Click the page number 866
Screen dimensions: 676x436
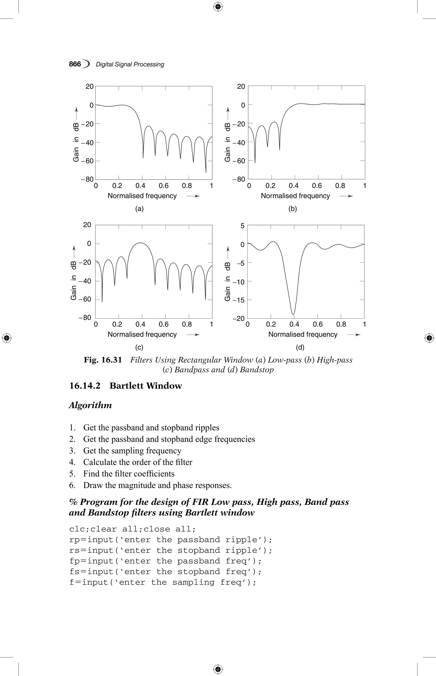[75, 64]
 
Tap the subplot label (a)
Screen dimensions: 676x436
[139, 209]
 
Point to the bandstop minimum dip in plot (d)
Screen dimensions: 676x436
[293, 314]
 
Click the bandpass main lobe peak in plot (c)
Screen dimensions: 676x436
[140, 243]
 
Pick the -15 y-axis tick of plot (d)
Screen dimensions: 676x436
[238, 300]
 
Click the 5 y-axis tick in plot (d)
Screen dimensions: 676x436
[242, 226]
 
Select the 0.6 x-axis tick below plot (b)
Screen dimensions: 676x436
[317, 186]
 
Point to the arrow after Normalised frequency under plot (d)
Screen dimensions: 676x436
[354, 335]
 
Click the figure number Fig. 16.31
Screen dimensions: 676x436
[103, 360]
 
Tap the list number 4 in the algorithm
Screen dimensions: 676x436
[72, 462]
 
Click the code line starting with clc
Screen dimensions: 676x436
[132, 529]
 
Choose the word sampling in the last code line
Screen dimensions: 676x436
[193, 582]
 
